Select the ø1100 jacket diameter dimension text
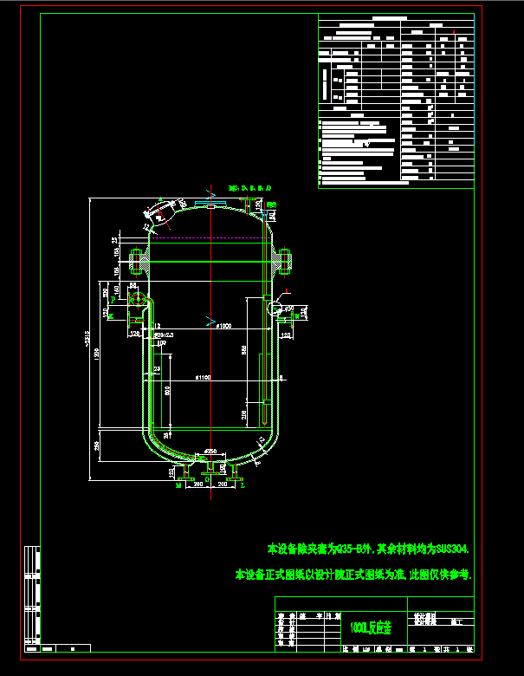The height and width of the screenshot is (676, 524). click(204, 378)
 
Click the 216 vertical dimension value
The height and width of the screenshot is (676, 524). click(245, 415)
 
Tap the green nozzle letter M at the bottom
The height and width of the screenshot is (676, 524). click(178, 486)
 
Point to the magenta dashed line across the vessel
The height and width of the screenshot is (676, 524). click(209, 237)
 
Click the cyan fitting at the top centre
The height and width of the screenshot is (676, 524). click(210, 204)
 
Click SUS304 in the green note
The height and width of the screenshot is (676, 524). click(450, 549)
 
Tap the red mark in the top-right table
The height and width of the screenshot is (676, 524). click(454, 33)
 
